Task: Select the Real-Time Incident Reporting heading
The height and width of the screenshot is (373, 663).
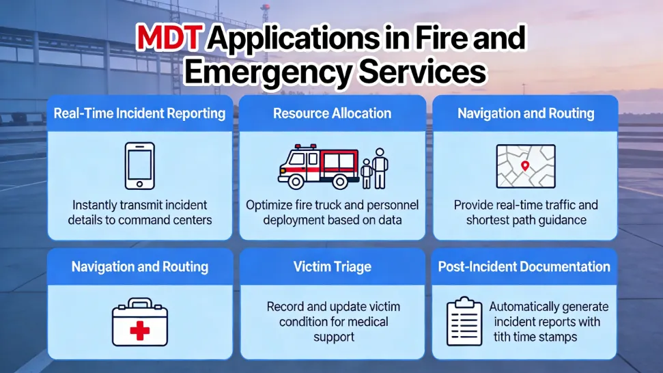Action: coord(139,113)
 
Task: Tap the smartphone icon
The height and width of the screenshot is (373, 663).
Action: coord(139,165)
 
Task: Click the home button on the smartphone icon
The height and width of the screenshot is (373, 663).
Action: coord(139,183)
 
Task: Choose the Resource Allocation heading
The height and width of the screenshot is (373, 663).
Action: coord(332,113)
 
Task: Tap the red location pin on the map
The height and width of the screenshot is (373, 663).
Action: coord(524,165)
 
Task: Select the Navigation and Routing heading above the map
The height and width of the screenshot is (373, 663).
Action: coord(525,113)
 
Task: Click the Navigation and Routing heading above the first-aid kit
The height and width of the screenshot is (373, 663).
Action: coord(139,266)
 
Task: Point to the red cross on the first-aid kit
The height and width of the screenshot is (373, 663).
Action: coord(139,331)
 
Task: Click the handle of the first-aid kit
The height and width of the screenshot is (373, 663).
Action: coord(139,303)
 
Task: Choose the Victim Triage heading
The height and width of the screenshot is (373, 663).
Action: coord(332,266)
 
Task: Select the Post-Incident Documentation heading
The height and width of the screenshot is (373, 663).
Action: coord(524,266)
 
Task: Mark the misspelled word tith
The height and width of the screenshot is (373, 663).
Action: coord(503,337)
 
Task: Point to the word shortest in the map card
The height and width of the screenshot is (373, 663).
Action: coord(491,220)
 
